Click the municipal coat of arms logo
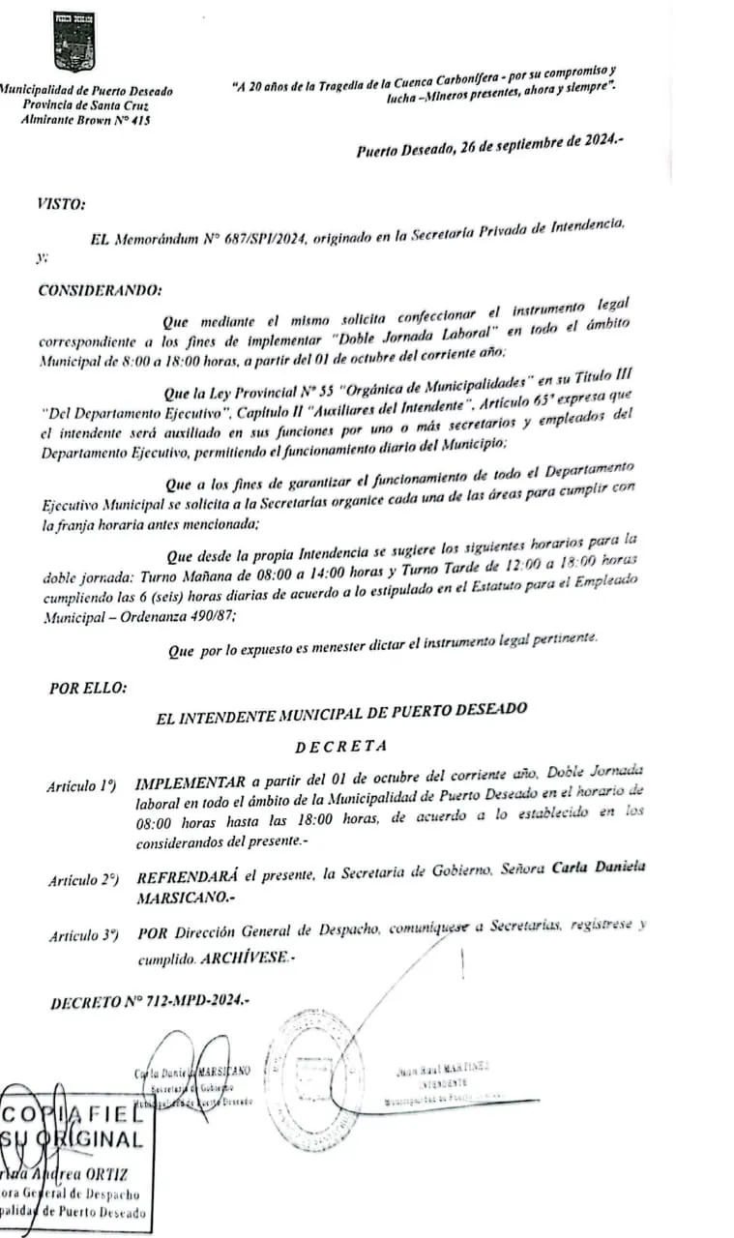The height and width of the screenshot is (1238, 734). pos(73,43)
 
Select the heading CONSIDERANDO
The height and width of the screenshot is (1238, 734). pos(101,290)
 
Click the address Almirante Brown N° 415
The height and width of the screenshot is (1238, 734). pos(86,120)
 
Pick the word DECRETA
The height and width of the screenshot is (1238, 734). pos(341,746)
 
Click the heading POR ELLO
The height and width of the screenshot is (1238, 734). pos(87,689)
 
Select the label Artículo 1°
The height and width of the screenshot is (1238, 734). pos(82,786)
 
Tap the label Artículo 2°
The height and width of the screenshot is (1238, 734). pos(83,881)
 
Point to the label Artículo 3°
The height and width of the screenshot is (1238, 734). pos(83,935)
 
